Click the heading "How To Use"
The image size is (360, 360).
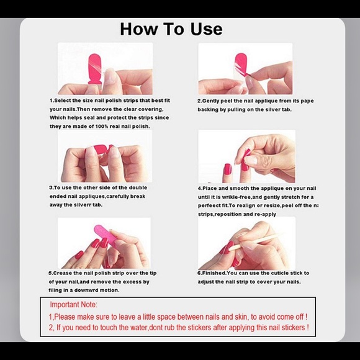pyautogui.click(x=171, y=29)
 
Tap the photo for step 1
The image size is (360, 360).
pyautogui.click(x=105, y=68)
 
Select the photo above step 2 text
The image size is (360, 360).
pyautogui.click(x=245, y=68)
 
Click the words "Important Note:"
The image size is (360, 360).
pyautogui.click(x=74, y=305)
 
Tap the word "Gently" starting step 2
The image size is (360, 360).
pyautogui.click(x=215, y=101)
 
